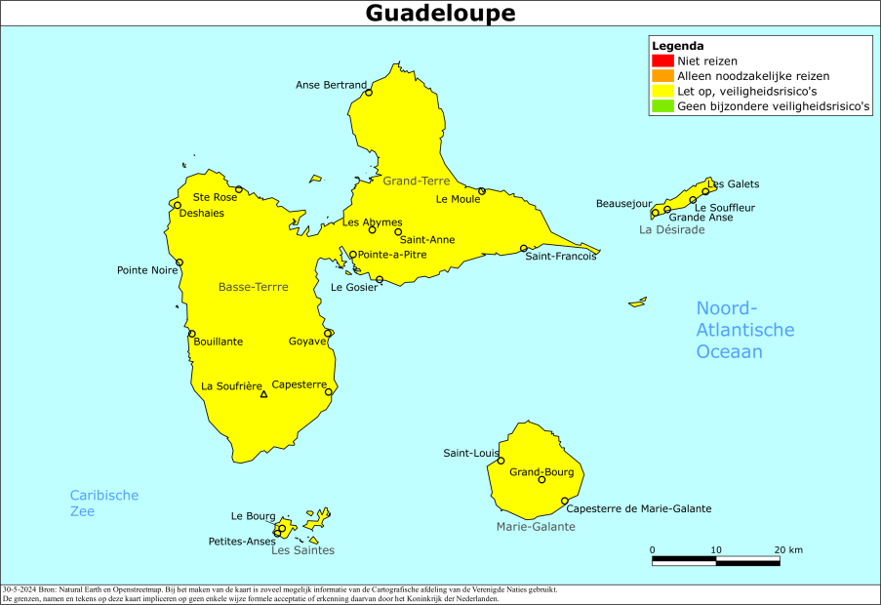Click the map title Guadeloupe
[x=440, y=14]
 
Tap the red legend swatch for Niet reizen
[x=663, y=60]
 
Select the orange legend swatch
[x=663, y=76]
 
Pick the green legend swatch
[x=663, y=106]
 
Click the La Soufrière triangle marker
[x=263, y=394]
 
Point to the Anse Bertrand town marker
[x=368, y=93]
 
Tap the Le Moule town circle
[x=482, y=191]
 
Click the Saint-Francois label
[x=560, y=256]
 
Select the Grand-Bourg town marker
[x=542, y=479]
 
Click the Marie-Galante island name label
[x=536, y=526]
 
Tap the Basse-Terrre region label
[x=253, y=287]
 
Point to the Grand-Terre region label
[x=415, y=181]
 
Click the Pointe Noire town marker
[x=180, y=262]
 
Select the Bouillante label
[x=219, y=342]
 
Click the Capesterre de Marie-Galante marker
[x=565, y=501]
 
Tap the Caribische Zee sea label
[x=103, y=503]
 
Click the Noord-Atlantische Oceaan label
[x=744, y=330]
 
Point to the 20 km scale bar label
[x=788, y=549]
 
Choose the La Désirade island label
[x=671, y=229]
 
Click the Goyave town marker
[x=328, y=333]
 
